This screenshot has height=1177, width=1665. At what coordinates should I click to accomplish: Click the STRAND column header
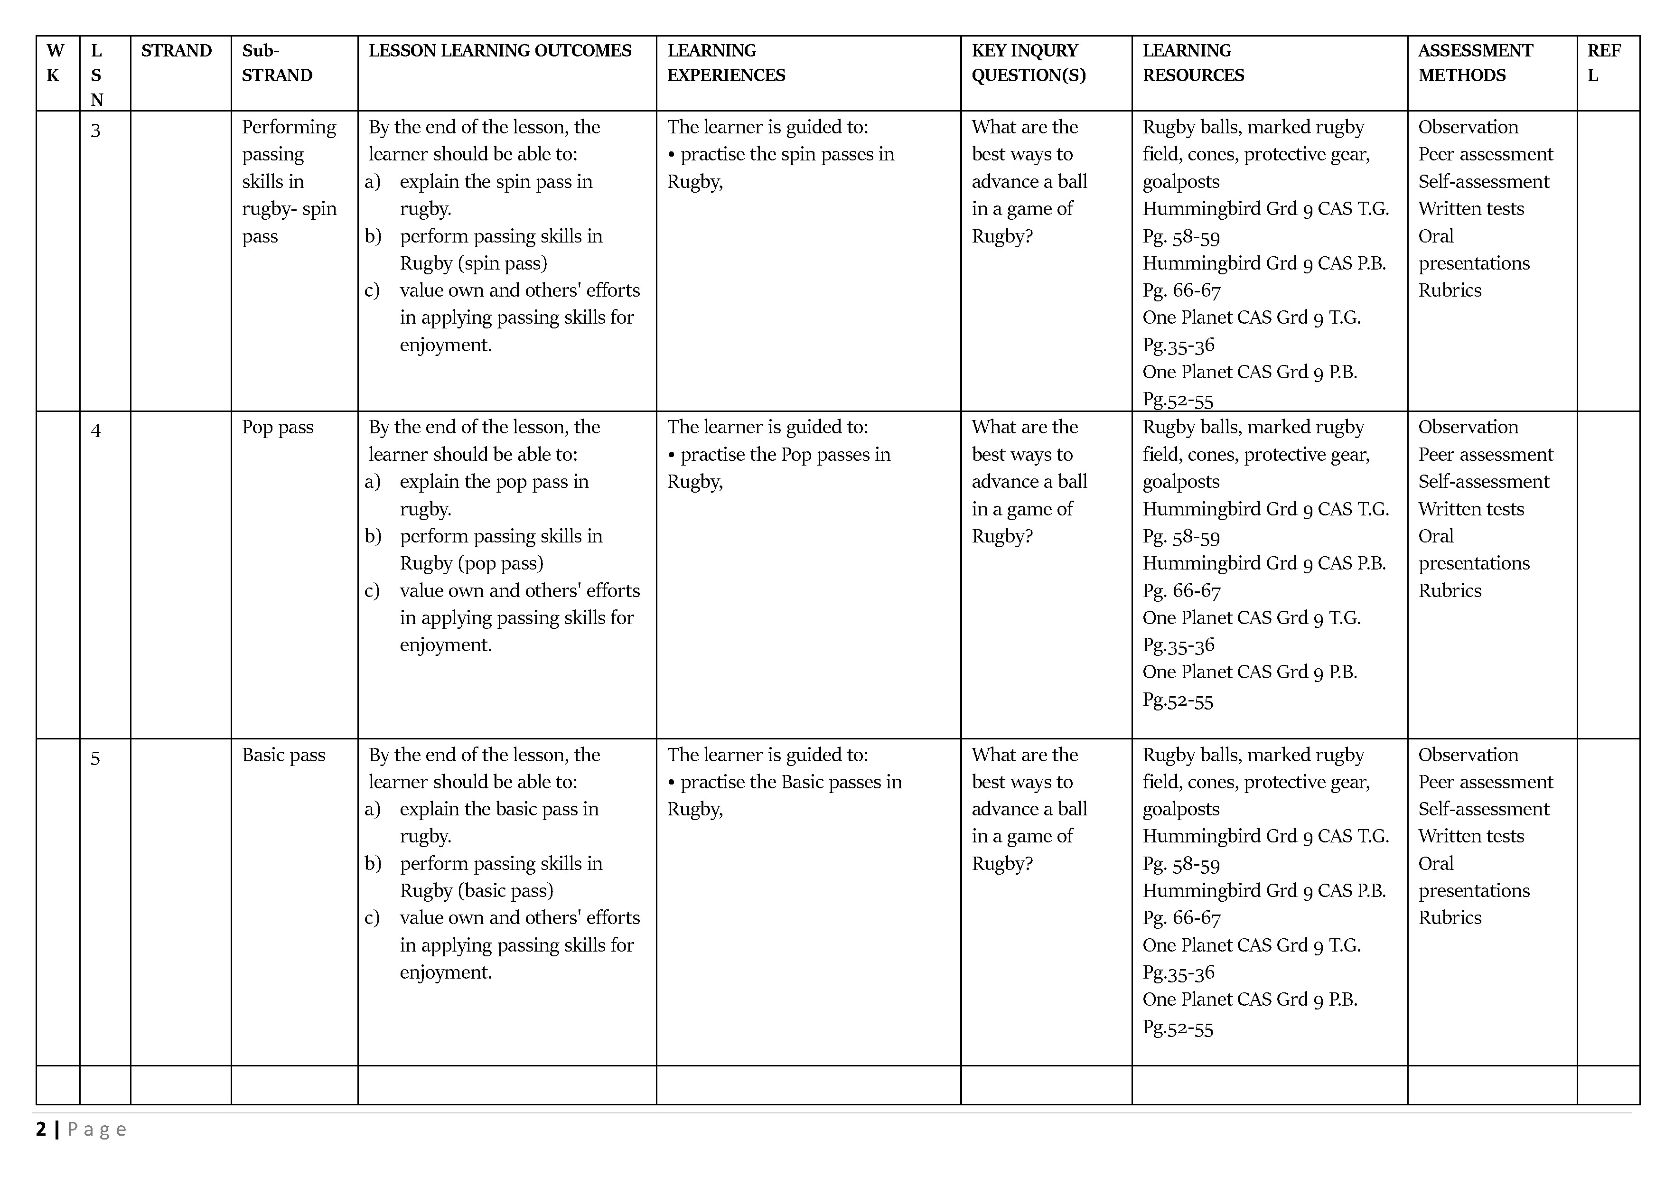[x=176, y=51]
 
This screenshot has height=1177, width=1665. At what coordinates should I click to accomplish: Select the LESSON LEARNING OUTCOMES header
[x=500, y=51]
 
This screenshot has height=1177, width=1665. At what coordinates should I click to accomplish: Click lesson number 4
[x=95, y=431]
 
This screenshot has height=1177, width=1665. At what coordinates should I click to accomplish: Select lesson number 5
[x=95, y=758]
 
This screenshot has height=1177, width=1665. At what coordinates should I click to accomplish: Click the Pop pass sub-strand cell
[x=278, y=427]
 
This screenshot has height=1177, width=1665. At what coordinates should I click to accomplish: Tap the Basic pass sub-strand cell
[x=283, y=755]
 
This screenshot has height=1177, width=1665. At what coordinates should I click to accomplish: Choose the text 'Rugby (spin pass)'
[x=474, y=263]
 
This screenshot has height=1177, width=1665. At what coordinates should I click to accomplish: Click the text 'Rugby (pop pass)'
[x=471, y=563]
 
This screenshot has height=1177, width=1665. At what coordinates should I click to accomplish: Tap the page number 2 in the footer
[x=41, y=1129]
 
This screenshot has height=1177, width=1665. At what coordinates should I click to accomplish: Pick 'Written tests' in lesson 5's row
[x=1471, y=836]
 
